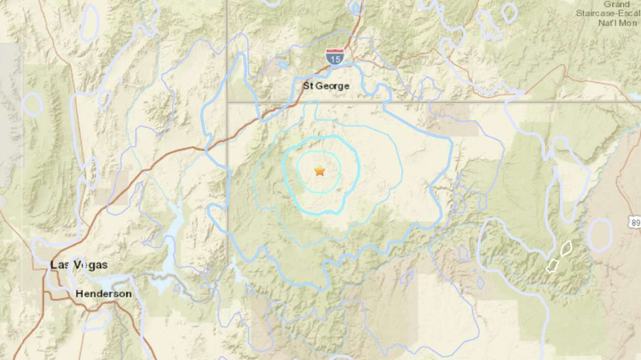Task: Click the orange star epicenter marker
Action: coord(319,171)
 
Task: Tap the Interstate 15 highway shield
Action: coord(334,56)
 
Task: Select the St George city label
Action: coord(326,86)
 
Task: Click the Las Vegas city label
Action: coord(79,265)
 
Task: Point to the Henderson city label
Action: coord(103,294)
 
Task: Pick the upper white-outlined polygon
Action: coord(566,248)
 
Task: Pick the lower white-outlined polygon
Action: coord(552,266)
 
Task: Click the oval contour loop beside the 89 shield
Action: coord(600,235)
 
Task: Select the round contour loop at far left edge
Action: coord(32,104)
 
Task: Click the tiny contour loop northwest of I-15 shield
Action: coord(282,65)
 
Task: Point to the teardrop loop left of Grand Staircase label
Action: coord(509,13)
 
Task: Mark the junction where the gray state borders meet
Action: coord(227,102)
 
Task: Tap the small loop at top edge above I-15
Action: coord(355,7)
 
